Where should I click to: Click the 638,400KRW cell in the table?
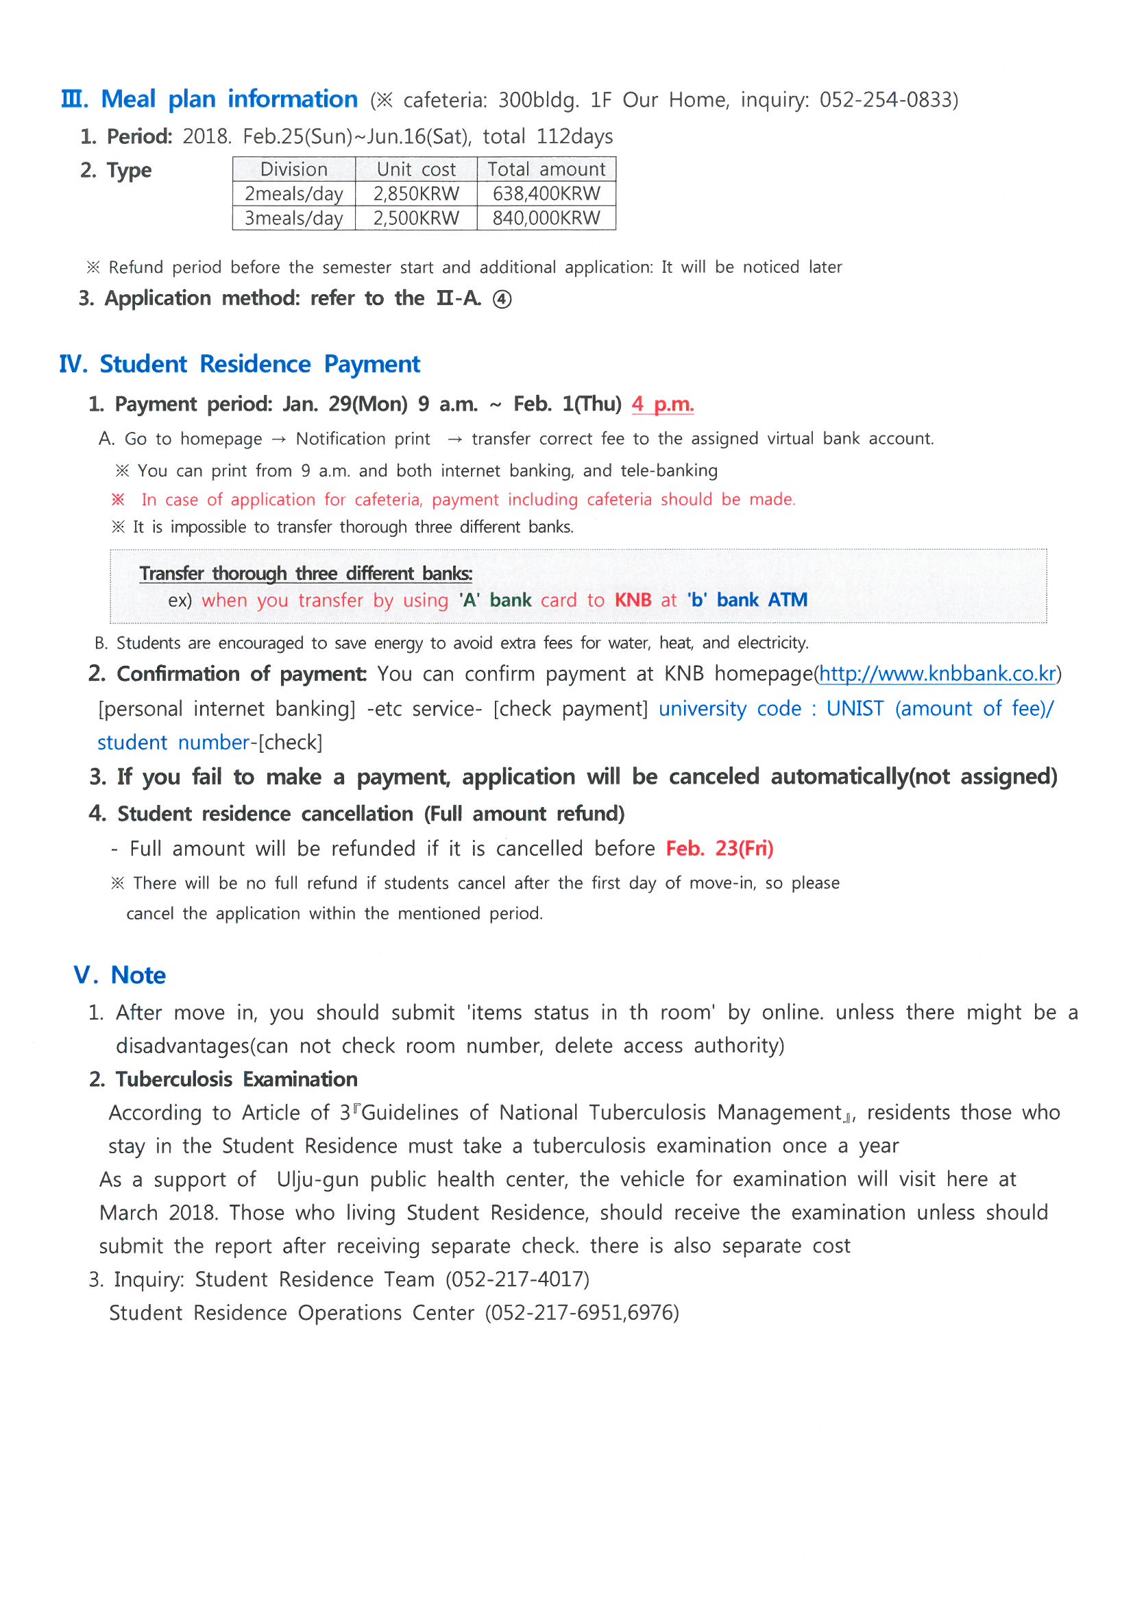click(546, 193)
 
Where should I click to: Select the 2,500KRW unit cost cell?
click(416, 218)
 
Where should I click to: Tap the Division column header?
click(293, 169)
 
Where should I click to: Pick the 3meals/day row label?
click(293, 218)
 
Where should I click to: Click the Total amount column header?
click(546, 169)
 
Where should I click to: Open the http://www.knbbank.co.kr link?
click(937, 674)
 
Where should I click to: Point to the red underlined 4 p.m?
click(663, 404)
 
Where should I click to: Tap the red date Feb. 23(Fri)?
click(719, 848)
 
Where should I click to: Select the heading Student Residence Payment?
click(260, 364)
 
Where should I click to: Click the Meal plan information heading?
click(229, 99)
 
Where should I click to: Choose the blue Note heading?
click(138, 975)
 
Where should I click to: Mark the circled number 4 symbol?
click(502, 300)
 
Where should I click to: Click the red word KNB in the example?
click(633, 600)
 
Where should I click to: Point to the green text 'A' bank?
click(495, 600)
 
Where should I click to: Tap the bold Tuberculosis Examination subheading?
click(236, 1078)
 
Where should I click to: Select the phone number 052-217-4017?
click(517, 1279)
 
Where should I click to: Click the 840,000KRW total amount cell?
click(546, 218)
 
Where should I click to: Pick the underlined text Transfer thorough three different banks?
click(306, 573)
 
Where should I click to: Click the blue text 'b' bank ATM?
click(747, 600)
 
